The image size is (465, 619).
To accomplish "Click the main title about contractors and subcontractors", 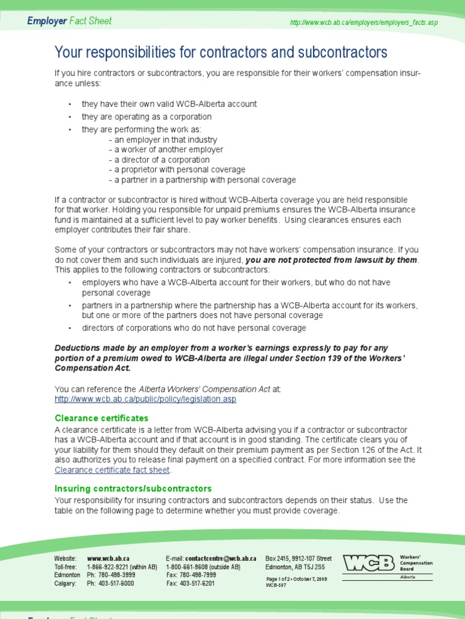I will (221, 53).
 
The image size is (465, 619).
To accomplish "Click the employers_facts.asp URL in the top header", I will (363, 22).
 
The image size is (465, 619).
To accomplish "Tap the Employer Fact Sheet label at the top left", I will (70, 21).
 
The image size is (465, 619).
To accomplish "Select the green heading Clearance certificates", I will (101, 418).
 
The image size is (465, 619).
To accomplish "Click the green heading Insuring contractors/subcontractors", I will (133, 488).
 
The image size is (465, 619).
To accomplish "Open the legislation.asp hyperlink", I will (145, 400).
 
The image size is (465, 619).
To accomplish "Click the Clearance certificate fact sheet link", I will (113, 470).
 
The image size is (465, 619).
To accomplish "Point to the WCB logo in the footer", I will (369, 563).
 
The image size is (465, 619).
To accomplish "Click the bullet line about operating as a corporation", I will (147, 117).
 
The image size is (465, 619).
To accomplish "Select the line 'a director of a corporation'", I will (159, 160).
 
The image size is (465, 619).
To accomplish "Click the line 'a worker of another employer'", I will (166, 150).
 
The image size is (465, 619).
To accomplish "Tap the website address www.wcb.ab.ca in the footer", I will (108, 559).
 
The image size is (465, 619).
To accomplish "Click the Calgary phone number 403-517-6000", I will (116, 583).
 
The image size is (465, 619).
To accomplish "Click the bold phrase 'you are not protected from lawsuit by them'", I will (332, 260).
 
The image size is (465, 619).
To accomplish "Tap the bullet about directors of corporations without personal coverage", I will (194, 328).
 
